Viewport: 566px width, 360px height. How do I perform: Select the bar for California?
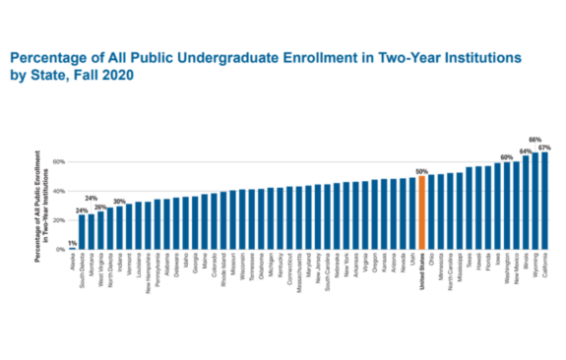coord(544,201)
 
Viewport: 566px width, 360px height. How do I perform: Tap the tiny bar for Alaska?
coord(73,248)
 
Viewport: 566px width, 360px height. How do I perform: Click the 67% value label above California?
coord(544,148)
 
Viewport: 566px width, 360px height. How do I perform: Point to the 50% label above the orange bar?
coord(421,172)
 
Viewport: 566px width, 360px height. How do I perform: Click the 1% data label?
coord(73,243)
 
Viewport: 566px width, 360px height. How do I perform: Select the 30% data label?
coord(119,202)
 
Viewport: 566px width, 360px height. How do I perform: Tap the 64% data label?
coord(526,151)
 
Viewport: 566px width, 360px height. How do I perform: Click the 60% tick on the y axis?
coord(59,161)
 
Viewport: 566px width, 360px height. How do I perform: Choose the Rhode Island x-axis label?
coord(223,269)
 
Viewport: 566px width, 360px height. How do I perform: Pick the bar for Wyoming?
coord(535,202)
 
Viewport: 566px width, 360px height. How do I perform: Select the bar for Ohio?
coord(431,212)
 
